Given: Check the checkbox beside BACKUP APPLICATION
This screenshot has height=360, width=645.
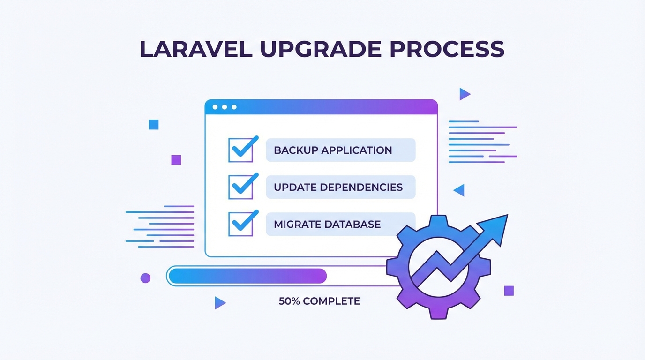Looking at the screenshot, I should pyautogui.click(x=240, y=150).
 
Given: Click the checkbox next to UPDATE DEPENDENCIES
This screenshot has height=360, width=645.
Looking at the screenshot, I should pyautogui.click(x=240, y=187).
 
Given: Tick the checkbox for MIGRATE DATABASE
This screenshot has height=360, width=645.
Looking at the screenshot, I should pyautogui.click(x=240, y=224).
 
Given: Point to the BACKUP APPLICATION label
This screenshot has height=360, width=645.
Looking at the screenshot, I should pyautogui.click(x=333, y=150).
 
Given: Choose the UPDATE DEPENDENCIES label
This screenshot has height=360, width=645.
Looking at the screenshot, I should pyautogui.click(x=338, y=187).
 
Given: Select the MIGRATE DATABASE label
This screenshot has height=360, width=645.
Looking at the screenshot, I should pyautogui.click(x=327, y=224).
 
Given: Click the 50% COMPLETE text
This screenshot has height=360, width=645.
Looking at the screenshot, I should pyautogui.click(x=319, y=301).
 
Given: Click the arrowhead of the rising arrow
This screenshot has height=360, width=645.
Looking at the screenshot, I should pyautogui.click(x=497, y=226).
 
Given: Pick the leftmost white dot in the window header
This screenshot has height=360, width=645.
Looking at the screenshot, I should pyautogui.click(x=215, y=107).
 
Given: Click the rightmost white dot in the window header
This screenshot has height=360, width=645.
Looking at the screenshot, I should pyautogui.click(x=234, y=107).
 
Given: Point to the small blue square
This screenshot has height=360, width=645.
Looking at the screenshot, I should pyautogui.click(x=153, y=124).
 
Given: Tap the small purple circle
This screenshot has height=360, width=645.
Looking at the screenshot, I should pyautogui.click(x=145, y=278).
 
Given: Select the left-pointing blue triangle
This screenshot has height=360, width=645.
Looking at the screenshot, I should pyautogui.click(x=459, y=190).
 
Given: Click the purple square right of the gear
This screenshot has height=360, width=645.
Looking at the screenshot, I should pyautogui.click(x=509, y=291).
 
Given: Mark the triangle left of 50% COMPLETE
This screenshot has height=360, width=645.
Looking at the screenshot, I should pyautogui.click(x=219, y=303).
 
